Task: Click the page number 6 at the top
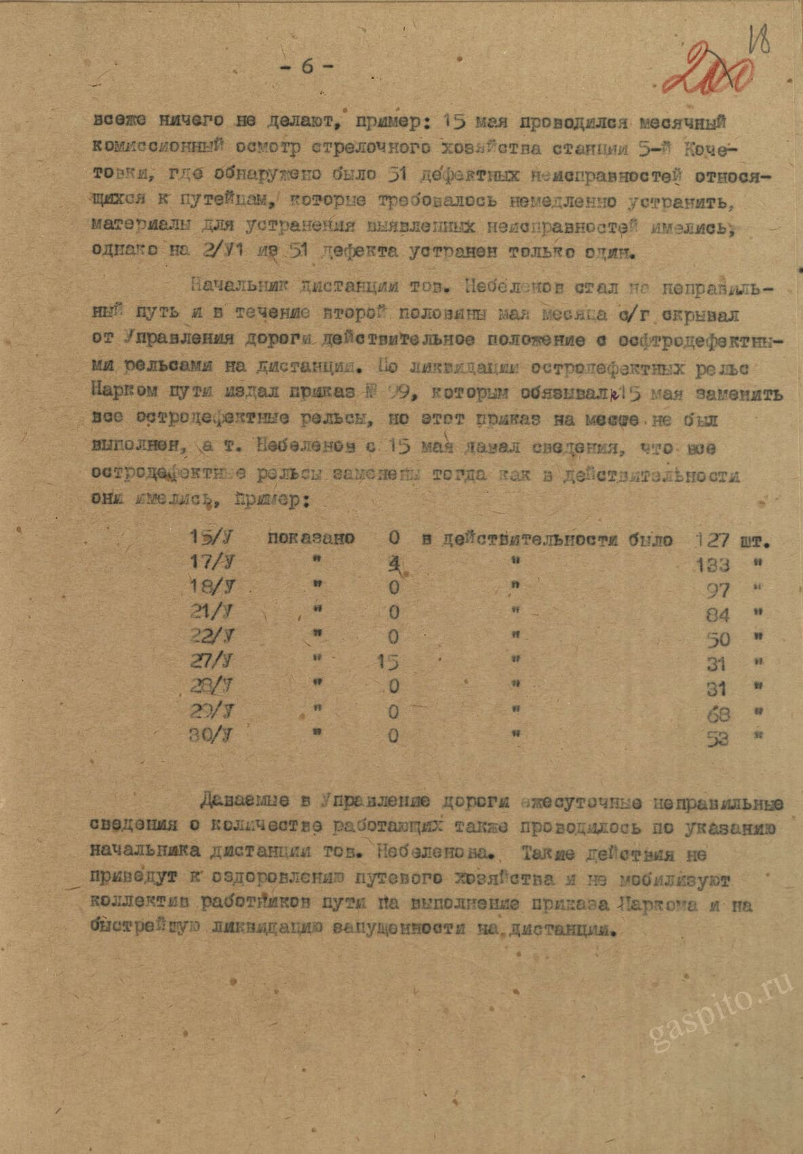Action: click(x=306, y=67)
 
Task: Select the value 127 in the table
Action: click(x=712, y=540)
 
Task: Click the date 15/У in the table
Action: click(x=211, y=538)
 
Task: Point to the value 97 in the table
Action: click(x=718, y=590)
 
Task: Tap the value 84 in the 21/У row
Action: click(x=717, y=615)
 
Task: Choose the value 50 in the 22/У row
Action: click(x=717, y=639)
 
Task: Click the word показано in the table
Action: click(x=311, y=539)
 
